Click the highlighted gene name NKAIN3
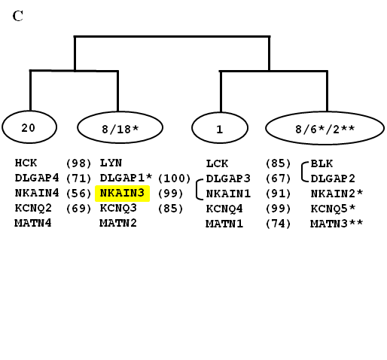[x=122, y=193]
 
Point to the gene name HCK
[x=26, y=163]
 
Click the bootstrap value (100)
[x=175, y=178]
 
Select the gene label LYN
[x=111, y=163]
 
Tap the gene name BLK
[x=321, y=163]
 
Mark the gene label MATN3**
[x=337, y=224]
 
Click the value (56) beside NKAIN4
[x=78, y=194]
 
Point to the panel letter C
[x=18, y=16]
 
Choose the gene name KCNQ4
[x=224, y=209]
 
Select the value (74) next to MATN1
[x=278, y=224]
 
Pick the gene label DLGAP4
[x=37, y=178]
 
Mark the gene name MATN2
[x=118, y=223]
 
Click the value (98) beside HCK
[x=78, y=163]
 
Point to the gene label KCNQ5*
[x=334, y=209]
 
